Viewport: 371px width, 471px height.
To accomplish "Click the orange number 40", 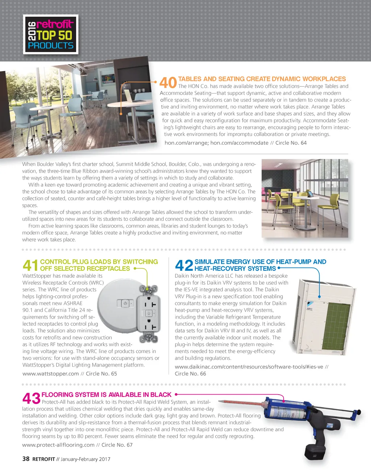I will click(168, 83).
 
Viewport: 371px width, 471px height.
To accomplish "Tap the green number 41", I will click(30, 265).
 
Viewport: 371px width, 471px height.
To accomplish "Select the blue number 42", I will click(184, 265).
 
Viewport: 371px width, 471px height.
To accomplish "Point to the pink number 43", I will click(32, 399).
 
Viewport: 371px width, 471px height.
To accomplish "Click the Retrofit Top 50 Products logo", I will click(51, 35).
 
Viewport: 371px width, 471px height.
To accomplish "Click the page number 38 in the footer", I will click(26, 459).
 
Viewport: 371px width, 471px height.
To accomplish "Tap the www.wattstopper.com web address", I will click(50, 374).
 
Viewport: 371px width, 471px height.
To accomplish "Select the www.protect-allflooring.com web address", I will click(58, 445).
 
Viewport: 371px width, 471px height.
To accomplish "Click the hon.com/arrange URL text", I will click(186, 143).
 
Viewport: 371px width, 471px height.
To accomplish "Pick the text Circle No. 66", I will click(190, 374).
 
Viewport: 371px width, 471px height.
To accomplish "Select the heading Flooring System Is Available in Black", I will click(107, 395).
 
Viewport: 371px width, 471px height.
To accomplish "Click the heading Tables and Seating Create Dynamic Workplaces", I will click(262, 79).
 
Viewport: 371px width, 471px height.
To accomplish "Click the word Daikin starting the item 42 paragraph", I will click(183, 276).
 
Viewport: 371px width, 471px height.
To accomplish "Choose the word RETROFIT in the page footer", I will click(43, 459).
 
